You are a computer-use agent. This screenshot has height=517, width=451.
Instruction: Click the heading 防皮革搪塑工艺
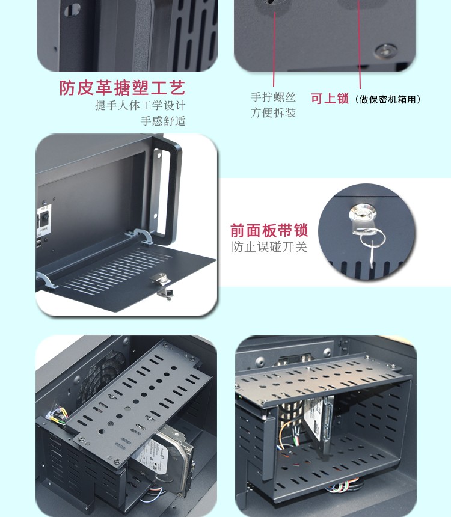[122, 88]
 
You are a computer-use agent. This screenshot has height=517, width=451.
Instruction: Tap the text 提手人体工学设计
[140, 106]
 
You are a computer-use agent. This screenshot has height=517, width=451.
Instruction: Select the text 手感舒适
[163, 121]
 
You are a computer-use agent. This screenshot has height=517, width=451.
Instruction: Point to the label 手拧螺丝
[273, 97]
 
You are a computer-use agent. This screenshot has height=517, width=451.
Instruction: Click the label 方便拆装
[273, 113]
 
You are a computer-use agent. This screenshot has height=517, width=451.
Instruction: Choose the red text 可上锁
[330, 99]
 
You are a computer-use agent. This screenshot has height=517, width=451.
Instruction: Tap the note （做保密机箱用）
[388, 99]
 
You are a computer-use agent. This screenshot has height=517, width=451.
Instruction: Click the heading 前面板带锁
[269, 230]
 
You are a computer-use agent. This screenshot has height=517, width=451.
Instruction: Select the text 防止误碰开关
[269, 247]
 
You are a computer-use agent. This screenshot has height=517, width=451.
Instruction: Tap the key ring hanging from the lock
[373, 239]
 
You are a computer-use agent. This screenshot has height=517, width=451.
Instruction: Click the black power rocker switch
[44, 218]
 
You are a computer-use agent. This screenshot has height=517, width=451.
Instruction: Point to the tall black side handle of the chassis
[168, 188]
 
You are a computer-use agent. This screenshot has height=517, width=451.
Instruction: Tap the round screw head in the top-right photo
[385, 50]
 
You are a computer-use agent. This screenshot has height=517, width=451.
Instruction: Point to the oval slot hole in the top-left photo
[72, 10]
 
